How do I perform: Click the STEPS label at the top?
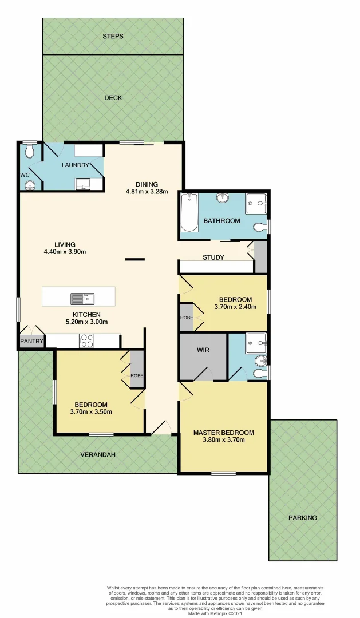point(113,36)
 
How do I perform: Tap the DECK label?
point(113,98)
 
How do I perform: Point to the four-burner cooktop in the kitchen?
point(86,340)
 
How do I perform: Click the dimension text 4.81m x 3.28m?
point(147,192)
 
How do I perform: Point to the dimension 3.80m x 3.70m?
point(223,440)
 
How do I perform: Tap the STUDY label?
point(213,257)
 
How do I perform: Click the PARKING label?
point(302,518)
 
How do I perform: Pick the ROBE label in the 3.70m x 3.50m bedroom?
point(137,375)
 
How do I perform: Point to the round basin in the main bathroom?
point(223,199)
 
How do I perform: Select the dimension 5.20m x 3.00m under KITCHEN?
point(86,322)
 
